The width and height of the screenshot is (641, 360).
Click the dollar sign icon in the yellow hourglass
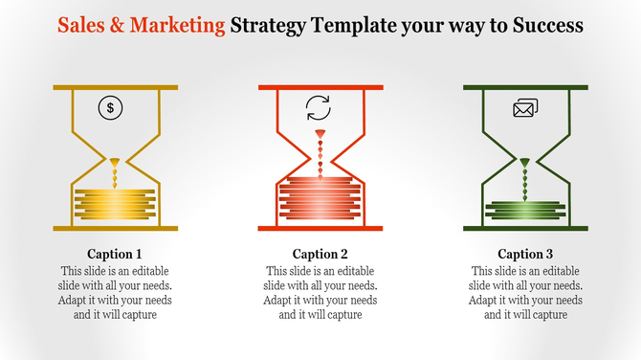111,107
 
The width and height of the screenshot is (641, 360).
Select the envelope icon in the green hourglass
525,108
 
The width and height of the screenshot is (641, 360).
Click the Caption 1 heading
115,255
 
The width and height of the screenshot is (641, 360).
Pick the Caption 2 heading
320,255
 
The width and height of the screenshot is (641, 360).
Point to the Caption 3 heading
525,255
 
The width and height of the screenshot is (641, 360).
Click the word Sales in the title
79,26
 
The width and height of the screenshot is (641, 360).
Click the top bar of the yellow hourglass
115,88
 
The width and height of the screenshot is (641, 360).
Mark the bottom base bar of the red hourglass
320,228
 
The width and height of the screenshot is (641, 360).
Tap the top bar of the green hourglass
525,88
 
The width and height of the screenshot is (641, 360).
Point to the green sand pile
525,208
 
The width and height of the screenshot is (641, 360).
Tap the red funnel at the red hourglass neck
320,133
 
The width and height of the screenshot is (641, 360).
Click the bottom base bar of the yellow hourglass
115,228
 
